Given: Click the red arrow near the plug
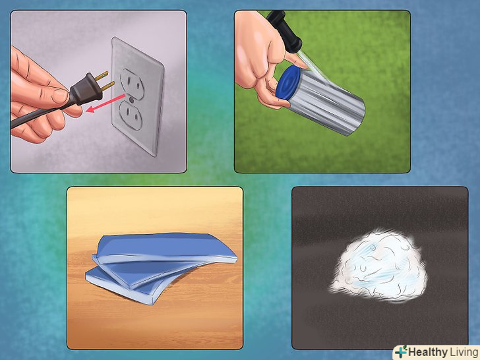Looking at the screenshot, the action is pyautogui.click(x=105, y=103).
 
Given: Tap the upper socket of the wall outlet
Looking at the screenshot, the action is pyautogui.click(x=133, y=84).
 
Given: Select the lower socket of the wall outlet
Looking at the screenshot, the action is pyautogui.click(x=131, y=115).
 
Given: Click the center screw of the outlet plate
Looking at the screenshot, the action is pyautogui.click(x=131, y=100).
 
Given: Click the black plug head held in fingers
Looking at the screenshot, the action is pyautogui.click(x=86, y=89).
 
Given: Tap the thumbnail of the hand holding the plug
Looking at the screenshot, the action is pyautogui.click(x=60, y=96).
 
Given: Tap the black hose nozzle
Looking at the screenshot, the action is pyautogui.click(x=284, y=30).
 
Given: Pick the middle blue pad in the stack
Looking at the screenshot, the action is pyautogui.click(x=144, y=272).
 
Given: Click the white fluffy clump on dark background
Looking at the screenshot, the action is pyautogui.click(x=378, y=266).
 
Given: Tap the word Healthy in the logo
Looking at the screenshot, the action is pyautogui.click(x=428, y=352).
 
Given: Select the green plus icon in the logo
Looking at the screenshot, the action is pyautogui.click(x=401, y=352).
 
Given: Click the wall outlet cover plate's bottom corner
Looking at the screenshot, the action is pyautogui.click(x=156, y=156).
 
